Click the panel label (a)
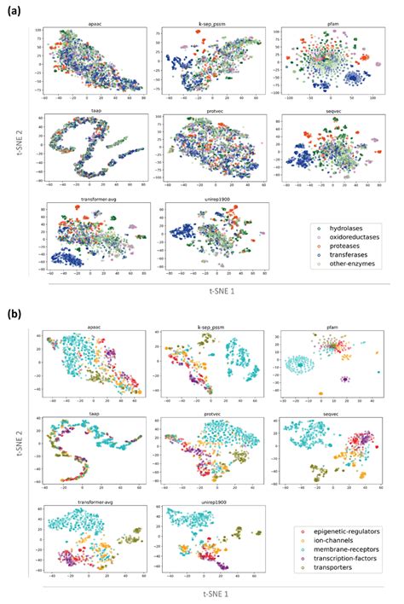(14, 11)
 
